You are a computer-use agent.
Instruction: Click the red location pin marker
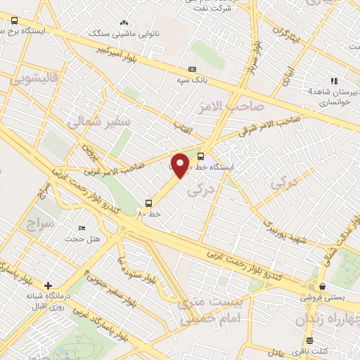(x=181, y=165)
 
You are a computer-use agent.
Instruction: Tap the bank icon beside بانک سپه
(x=192, y=69)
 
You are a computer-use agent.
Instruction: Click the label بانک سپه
(x=192, y=80)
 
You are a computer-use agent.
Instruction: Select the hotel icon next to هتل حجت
(x=82, y=229)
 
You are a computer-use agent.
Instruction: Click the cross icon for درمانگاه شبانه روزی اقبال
(x=47, y=286)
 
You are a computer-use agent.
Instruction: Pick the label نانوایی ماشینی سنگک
(x=118, y=33)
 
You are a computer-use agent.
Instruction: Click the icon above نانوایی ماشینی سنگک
(x=124, y=23)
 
